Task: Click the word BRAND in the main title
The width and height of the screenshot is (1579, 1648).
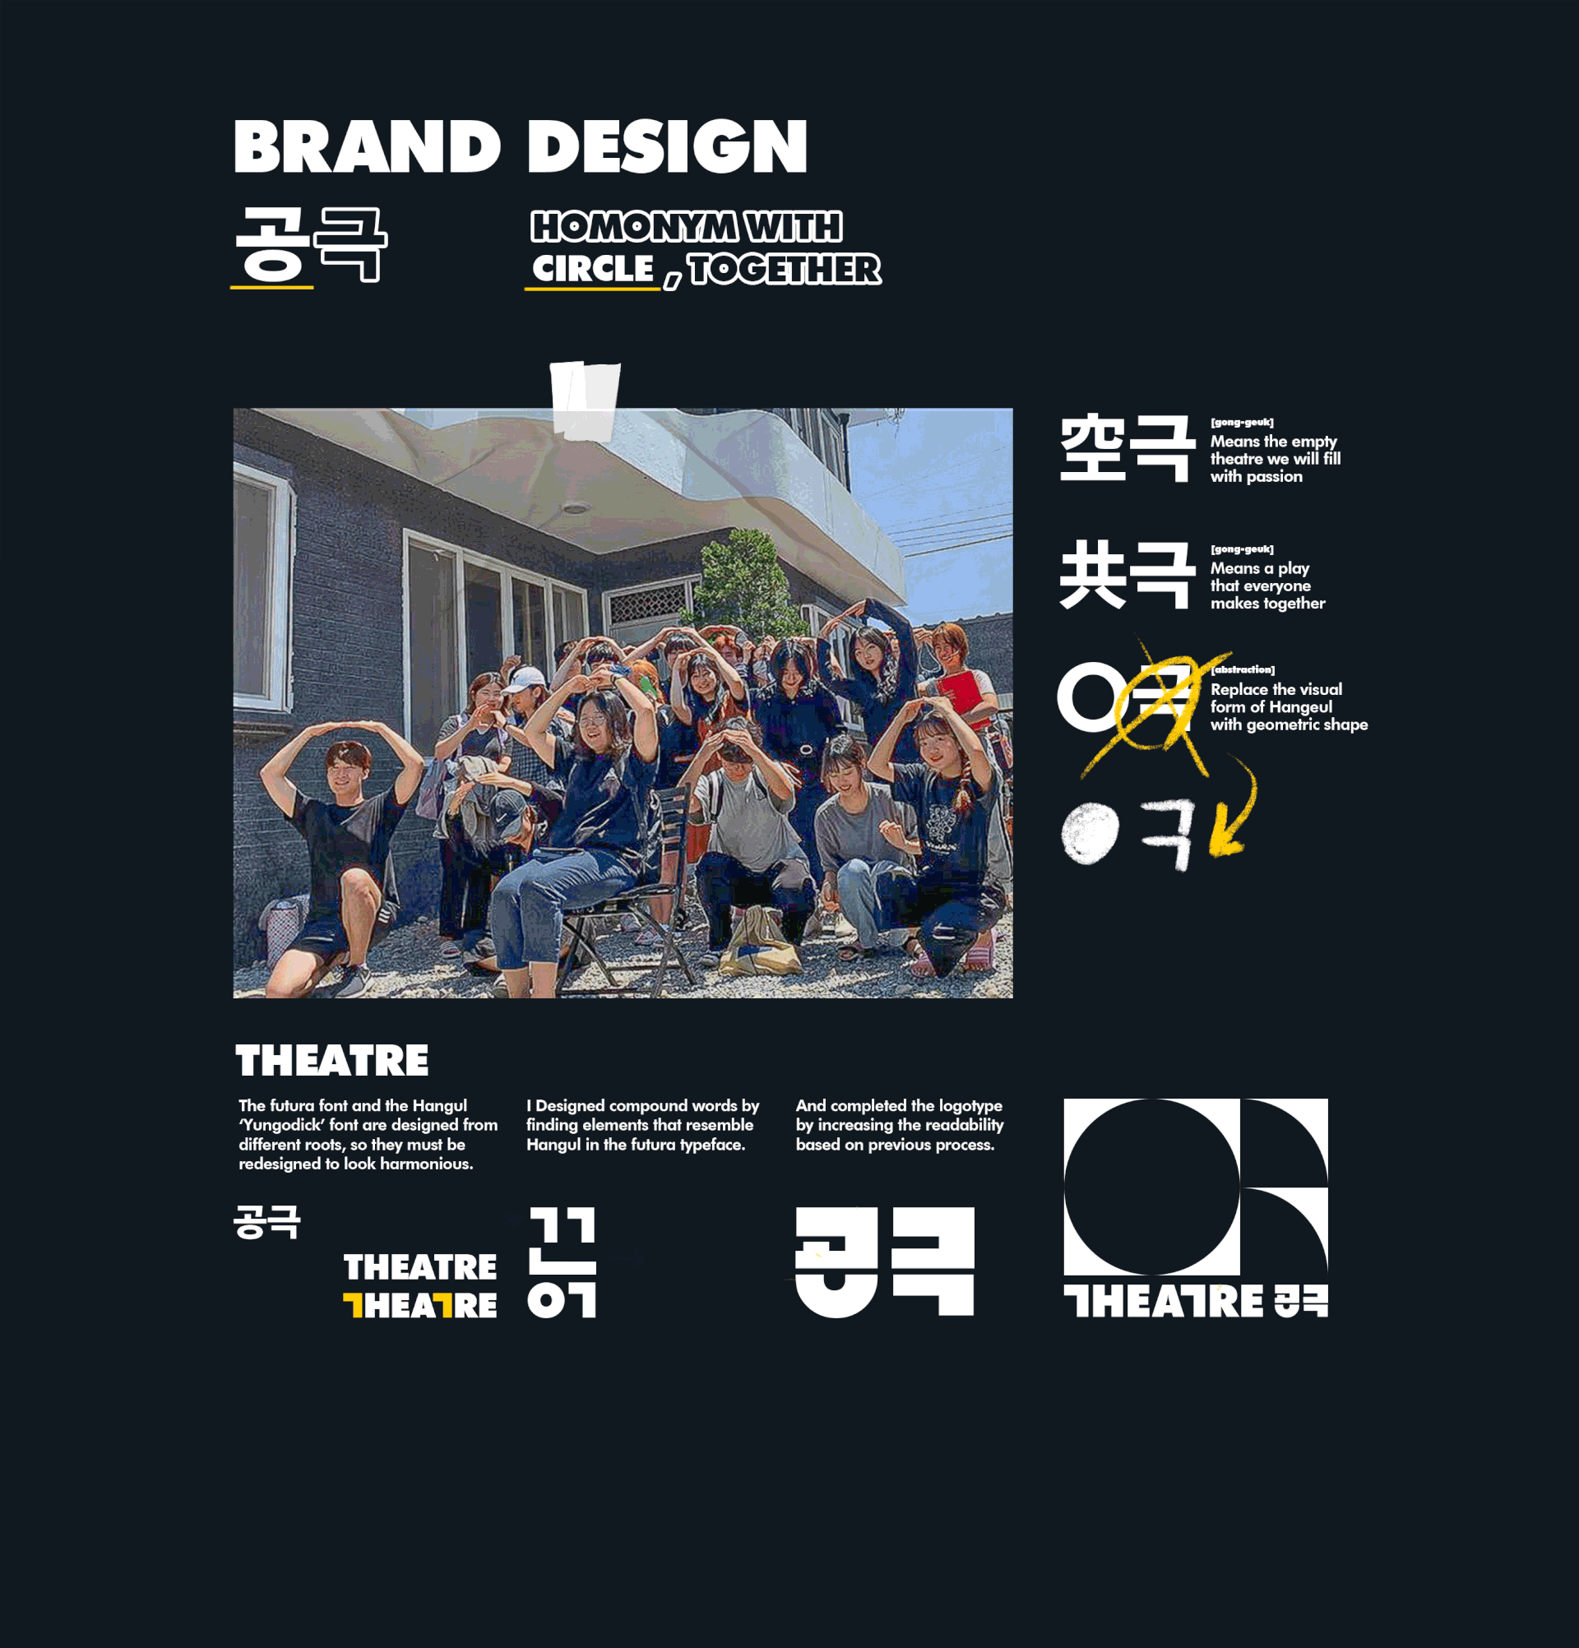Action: tap(367, 146)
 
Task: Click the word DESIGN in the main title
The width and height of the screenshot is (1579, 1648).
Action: tap(667, 146)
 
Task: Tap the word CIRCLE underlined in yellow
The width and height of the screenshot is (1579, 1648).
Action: tap(593, 269)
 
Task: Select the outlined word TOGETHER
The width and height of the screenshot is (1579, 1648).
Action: tap(785, 269)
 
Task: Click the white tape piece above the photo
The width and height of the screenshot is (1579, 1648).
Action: tap(586, 401)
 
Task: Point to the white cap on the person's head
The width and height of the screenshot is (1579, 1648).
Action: tap(524, 678)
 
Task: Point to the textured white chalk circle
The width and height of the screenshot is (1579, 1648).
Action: tap(1090, 832)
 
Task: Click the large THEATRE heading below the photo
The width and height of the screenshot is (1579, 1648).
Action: tap(332, 1060)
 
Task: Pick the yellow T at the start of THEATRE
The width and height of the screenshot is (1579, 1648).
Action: tap(353, 1305)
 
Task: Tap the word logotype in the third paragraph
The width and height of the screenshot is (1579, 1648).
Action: tap(970, 1106)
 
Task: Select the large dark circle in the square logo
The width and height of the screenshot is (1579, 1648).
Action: tap(1152, 1187)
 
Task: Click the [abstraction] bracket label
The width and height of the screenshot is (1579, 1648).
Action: tap(1243, 669)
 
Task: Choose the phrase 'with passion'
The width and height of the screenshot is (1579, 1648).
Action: tap(1256, 477)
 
